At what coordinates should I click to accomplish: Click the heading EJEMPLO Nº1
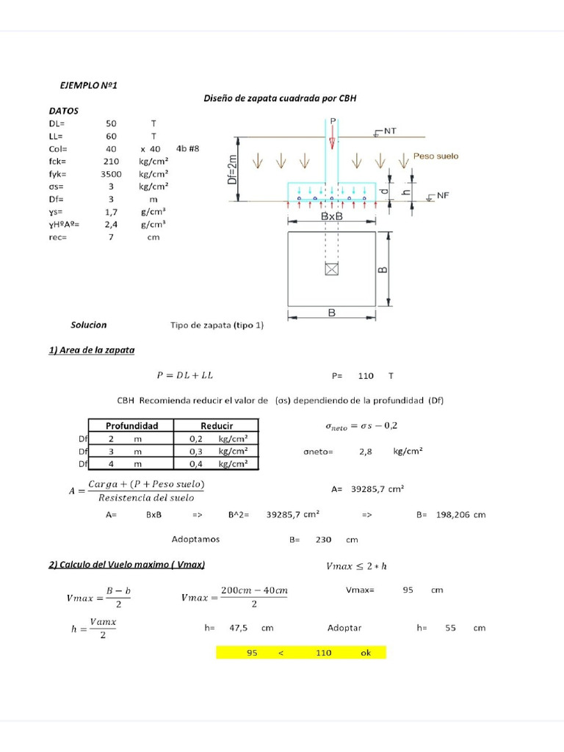point(89,86)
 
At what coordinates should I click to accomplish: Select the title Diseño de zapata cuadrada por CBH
point(279,98)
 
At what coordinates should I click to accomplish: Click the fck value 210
point(111,161)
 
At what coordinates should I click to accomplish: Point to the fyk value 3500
point(111,174)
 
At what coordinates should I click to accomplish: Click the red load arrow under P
point(332,137)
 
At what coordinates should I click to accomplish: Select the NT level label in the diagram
point(389,131)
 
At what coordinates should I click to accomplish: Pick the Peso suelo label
point(435,156)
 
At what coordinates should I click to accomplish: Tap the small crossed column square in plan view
point(332,270)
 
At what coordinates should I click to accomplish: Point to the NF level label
point(442,195)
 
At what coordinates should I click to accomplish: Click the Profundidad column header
point(132,425)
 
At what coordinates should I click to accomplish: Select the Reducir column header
point(217,425)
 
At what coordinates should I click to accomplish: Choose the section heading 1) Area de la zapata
point(92,350)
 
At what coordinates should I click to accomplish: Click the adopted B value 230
point(323,539)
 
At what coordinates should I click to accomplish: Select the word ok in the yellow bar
point(366,652)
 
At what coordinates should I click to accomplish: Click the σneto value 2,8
point(365,452)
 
